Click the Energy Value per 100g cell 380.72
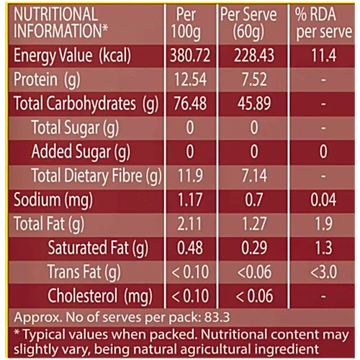(x=190, y=55)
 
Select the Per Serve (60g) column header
(x=248, y=23)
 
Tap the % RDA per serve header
(x=323, y=23)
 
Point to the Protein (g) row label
(x=47, y=80)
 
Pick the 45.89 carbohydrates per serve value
(x=254, y=104)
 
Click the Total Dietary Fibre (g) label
(x=96, y=176)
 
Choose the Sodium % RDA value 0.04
(x=323, y=199)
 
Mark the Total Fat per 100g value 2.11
(x=189, y=224)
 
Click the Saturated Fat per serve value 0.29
(x=254, y=248)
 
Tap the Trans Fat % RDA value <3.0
(x=323, y=272)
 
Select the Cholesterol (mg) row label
(x=100, y=297)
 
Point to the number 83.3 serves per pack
(x=217, y=317)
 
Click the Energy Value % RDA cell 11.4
(x=323, y=55)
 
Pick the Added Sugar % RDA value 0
(x=323, y=151)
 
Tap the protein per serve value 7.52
(x=254, y=79)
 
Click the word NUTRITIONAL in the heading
(x=55, y=14)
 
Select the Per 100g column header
(x=186, y=23)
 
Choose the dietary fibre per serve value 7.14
(x=254, y=176)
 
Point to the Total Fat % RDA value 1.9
(x=323, y=224)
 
